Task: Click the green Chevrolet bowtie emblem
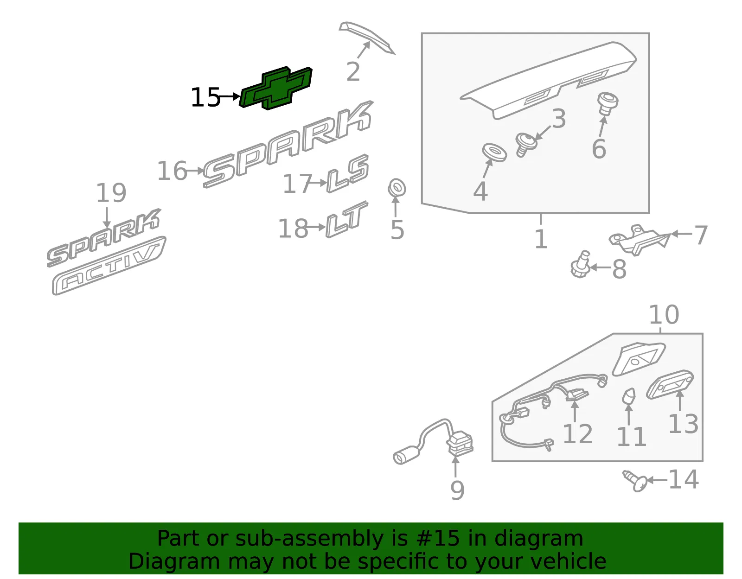(x=276, y=88)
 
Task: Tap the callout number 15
(x=205, y=97)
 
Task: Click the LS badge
(x=348, y=173)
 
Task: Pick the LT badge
(x=346, y=219)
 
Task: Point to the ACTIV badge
(x=109, y=266)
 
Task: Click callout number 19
(x=111, y=192)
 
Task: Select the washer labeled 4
(x=494, y=152)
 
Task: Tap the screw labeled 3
(x=525, y=144)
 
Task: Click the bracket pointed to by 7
(x=639, y=240)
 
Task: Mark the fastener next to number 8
(x=581, y=265)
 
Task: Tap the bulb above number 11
(x=629, y=396)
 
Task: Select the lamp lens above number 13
(x=670, y=384)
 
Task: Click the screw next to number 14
(x=635, y=481)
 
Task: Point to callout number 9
(x=458, y=490)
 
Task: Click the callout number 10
(x=664, y=315)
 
